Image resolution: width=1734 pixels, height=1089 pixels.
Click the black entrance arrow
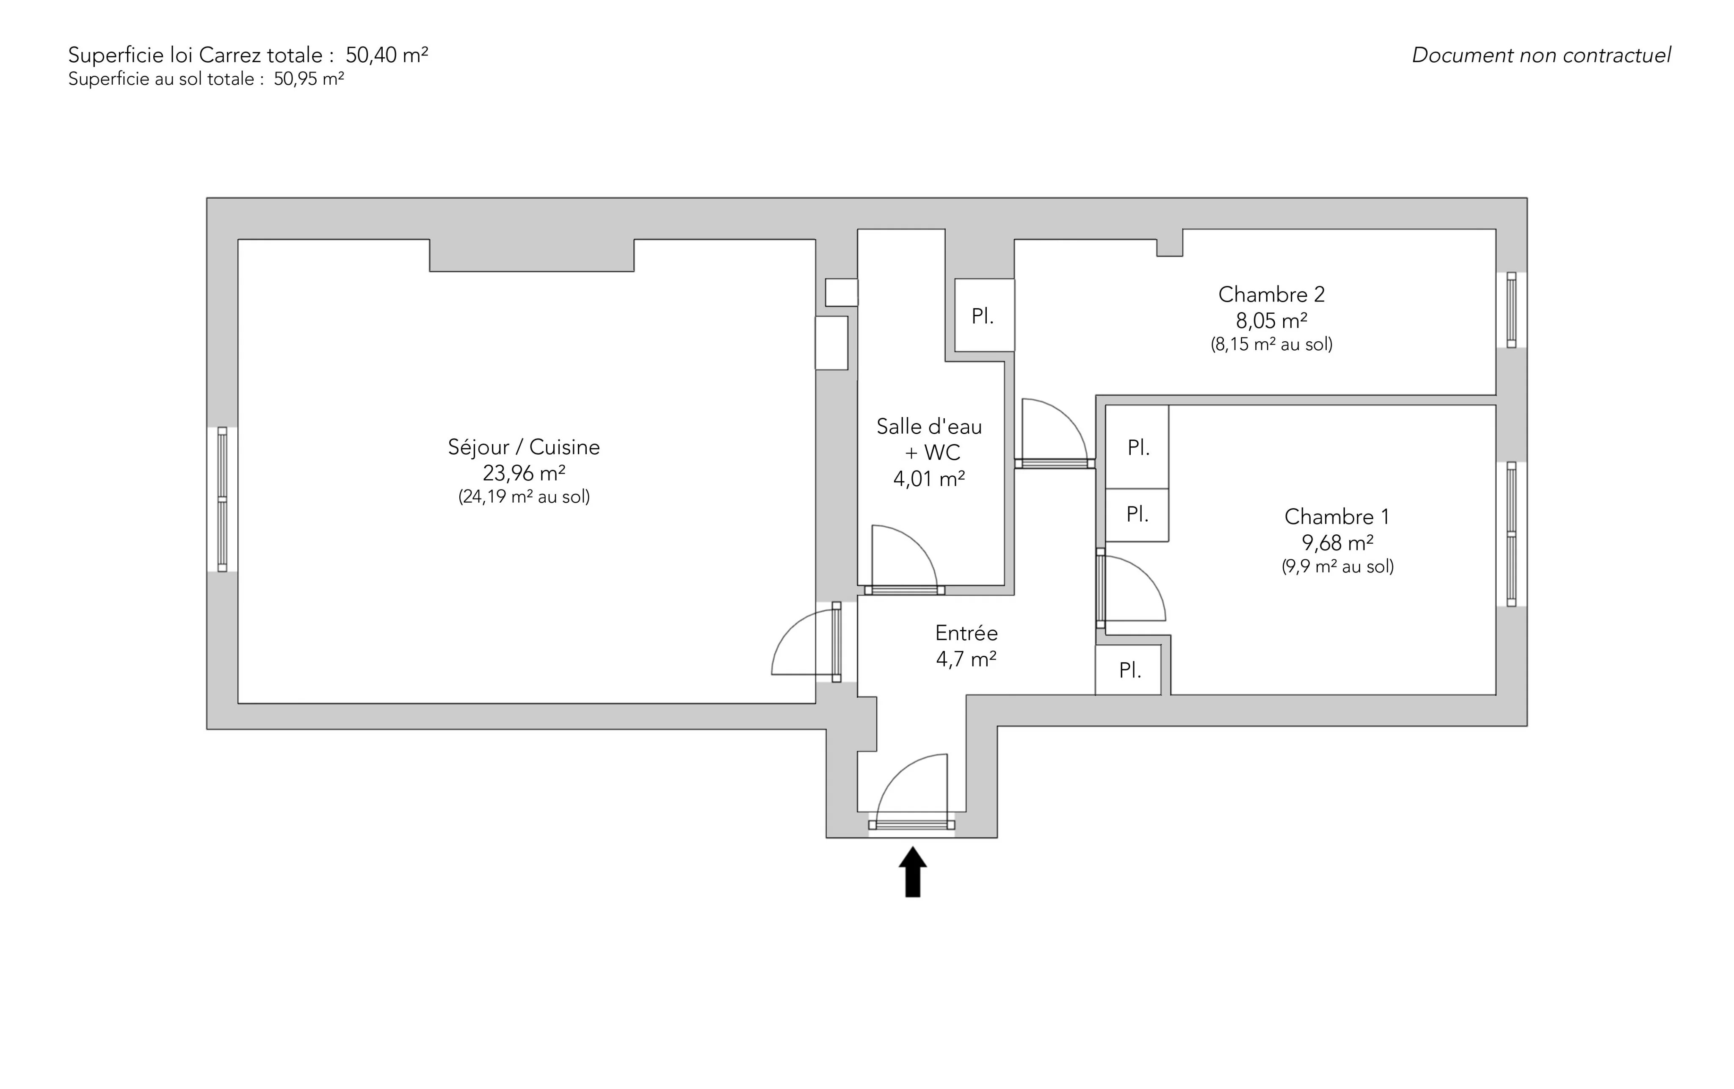912,872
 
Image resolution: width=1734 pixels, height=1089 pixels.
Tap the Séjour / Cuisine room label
524,447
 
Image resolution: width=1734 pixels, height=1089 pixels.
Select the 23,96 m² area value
524,473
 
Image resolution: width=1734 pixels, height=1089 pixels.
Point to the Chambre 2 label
1271,295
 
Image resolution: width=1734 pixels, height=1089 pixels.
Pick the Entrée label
966,633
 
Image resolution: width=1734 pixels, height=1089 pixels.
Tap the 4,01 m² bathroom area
929,478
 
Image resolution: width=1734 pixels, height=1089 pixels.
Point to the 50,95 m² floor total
308,79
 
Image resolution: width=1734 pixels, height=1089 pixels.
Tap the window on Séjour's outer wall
223,499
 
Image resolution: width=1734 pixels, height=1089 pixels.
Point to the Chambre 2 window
1511,310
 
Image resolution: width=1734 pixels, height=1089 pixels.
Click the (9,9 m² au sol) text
1337,567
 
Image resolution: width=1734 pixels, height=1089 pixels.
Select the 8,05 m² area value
1271,321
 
